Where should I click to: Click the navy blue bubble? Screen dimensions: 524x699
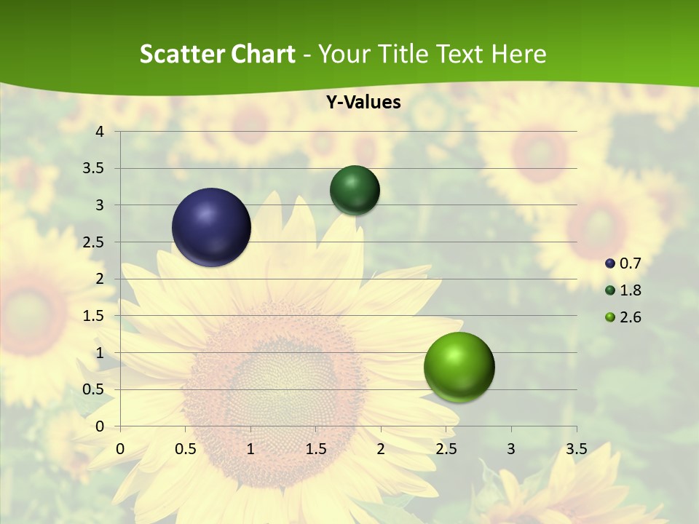click(x=212, y=227)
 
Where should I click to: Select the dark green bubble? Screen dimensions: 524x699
click(x=355, y=190)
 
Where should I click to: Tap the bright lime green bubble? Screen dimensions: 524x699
click(x=459, y=367)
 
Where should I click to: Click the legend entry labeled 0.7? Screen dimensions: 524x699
click(x=623, y=263)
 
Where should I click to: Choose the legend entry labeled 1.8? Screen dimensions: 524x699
click(x=623, y=290)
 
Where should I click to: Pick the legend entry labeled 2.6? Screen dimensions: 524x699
click(x=623, y=317)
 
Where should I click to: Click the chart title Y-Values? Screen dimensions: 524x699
click(x=363, y=103)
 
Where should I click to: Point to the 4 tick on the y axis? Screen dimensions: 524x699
click(x=100, y=132)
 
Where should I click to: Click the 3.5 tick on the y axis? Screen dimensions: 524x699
click(x=95, y=169)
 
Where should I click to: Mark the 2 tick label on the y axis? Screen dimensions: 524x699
click(x=100, y=279)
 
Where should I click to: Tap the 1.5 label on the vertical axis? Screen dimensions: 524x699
click(x=95, y=316)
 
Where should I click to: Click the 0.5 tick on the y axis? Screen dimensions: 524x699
click(x=95, y=389)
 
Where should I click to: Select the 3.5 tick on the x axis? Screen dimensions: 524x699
click(x=576, y=448)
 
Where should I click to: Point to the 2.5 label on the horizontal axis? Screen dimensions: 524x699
click(x=446, y=448)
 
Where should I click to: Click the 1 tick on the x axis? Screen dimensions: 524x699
click(x=250, y=448)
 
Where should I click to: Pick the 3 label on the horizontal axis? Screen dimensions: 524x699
click(x=511, y=448)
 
